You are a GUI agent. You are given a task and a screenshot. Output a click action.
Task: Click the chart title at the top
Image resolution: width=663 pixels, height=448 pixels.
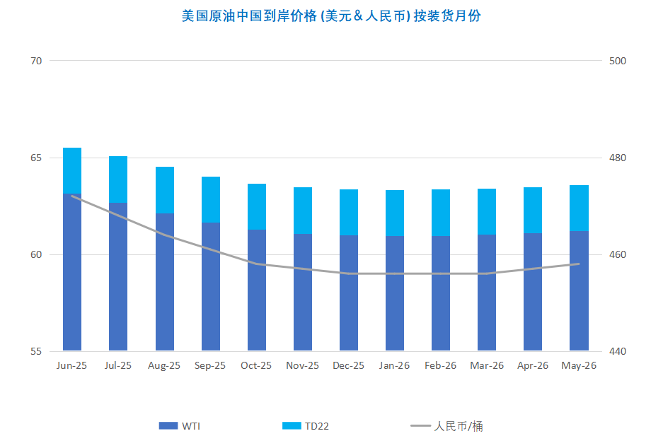click(331, 16)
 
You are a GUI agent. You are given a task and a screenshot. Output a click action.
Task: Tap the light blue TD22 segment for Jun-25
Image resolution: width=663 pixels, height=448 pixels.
click(72, 170)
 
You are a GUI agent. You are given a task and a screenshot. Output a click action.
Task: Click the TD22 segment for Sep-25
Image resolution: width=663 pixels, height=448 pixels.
click(210, 199)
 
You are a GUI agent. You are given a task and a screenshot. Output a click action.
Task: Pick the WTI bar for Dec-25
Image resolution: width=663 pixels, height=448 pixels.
click(349, 293)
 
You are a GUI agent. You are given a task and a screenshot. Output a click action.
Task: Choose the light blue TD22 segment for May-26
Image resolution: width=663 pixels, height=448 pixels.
click(579, 208)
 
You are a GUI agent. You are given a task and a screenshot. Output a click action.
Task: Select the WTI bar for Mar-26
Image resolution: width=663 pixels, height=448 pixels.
click(487, 293)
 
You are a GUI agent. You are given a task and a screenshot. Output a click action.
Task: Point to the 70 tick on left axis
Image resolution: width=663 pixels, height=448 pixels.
click(36, 61)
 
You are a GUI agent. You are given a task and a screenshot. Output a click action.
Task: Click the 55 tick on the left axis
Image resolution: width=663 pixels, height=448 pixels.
click(36, 351)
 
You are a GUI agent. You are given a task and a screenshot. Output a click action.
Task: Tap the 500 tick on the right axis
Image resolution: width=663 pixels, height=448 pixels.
click(618, 61)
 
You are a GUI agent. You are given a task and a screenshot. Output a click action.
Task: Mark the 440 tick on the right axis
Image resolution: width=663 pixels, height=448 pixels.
click(618, 351)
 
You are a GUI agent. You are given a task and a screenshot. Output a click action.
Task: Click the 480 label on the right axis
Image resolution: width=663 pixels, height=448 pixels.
click(618, 158)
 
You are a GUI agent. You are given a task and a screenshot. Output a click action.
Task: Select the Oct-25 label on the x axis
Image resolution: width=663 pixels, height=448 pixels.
click(256, 366)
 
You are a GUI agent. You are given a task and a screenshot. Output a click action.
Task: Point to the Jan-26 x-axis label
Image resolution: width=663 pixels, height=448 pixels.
click(394, 366)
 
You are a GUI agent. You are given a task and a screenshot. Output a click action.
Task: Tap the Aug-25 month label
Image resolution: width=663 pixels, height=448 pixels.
click(164, 366)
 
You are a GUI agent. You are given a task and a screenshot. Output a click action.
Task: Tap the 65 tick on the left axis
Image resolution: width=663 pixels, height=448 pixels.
click(36, 158)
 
